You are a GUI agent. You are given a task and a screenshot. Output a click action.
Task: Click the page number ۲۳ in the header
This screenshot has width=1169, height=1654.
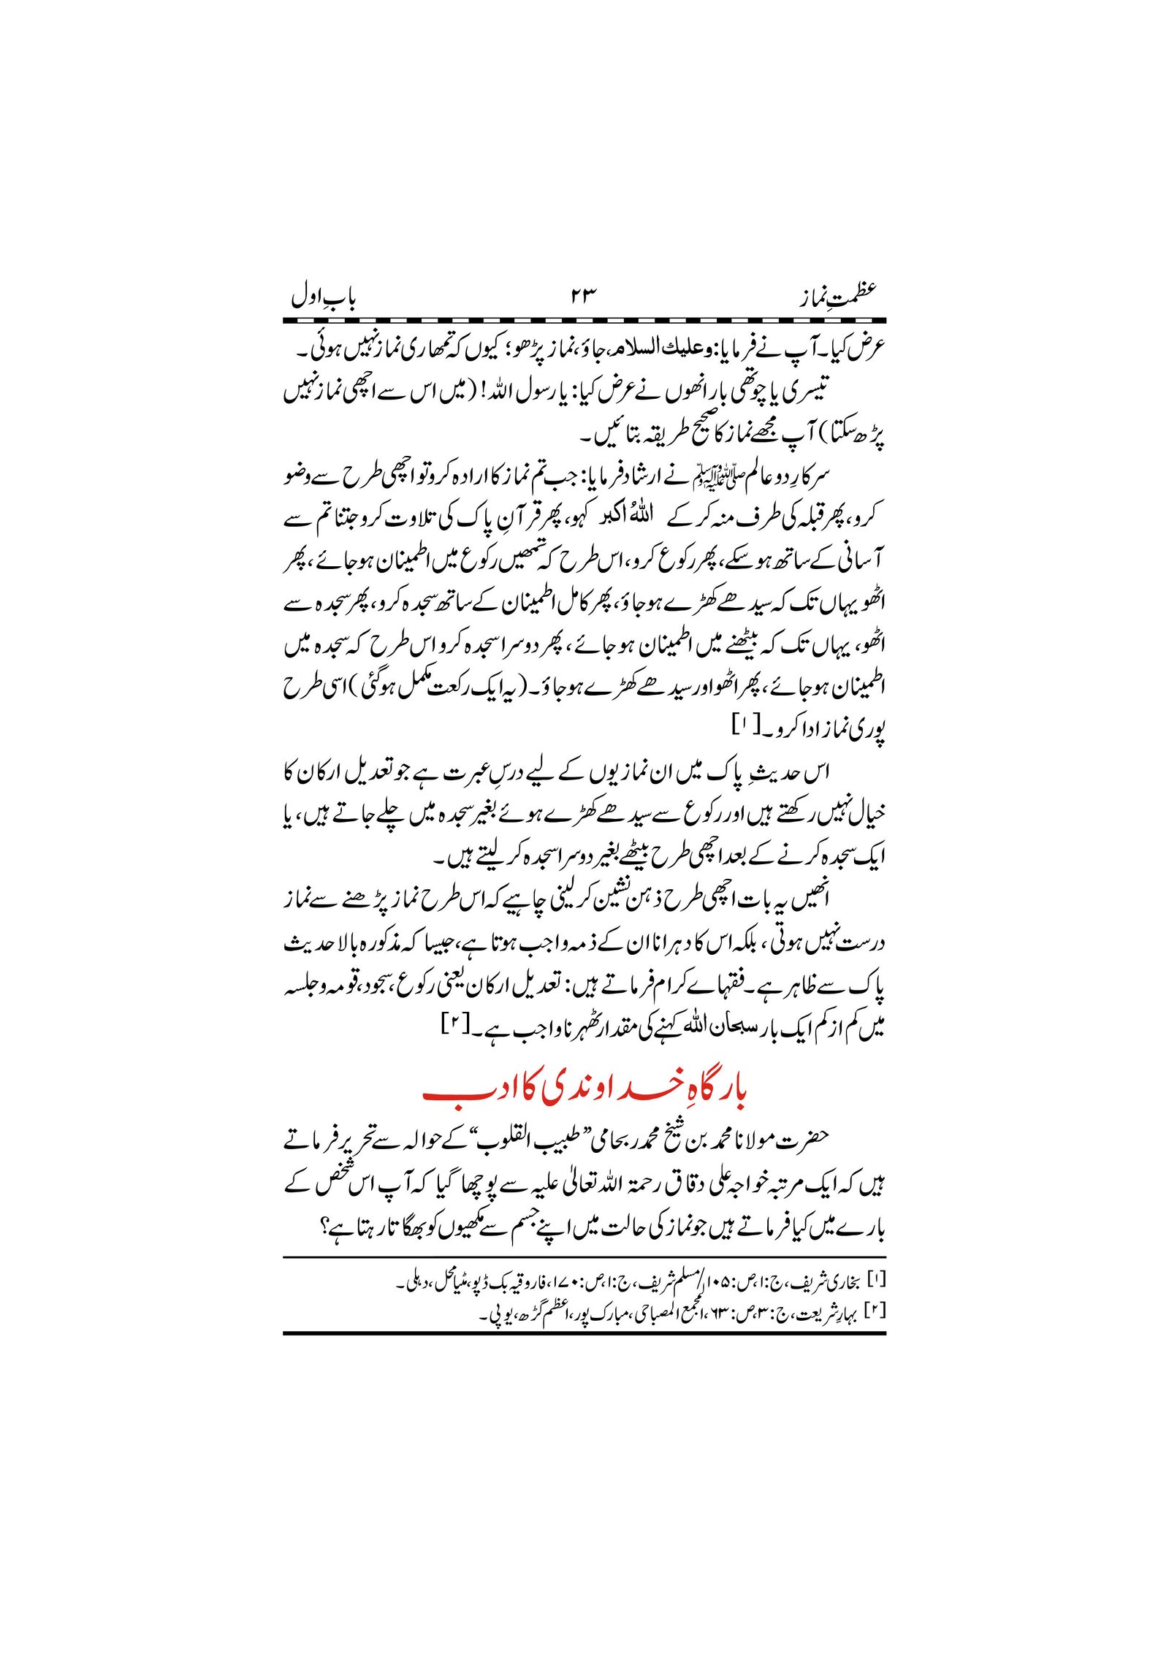tap(583, 295)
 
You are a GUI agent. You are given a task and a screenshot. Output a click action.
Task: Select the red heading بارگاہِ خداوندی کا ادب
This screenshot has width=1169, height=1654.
tap(584, 1091)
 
